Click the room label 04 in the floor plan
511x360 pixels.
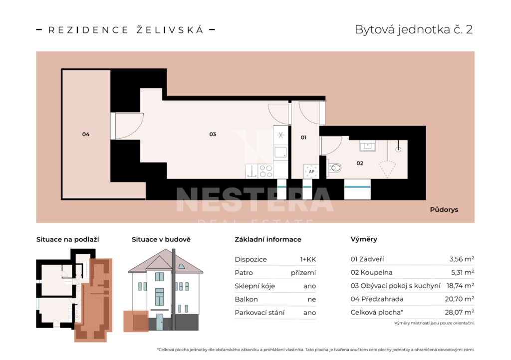click(86, 134)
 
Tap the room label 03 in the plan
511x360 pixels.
click(213, 134)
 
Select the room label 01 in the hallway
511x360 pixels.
click(303, 138)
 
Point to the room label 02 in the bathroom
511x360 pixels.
click(360, 164)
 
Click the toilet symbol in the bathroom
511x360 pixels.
click(334, 168)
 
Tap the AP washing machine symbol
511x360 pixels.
click(311, 172)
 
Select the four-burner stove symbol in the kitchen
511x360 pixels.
click(265, 171)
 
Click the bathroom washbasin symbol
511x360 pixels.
click(367, 146)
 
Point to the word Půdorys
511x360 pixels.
click(444, 209)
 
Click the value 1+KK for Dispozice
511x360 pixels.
click(308, 259)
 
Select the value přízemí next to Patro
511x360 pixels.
click(303, 273)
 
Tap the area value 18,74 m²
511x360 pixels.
click(460, 286)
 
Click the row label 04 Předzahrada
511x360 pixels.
click(377, 299)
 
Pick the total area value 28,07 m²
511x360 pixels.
click(460, 313)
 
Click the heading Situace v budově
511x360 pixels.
click(161, 239)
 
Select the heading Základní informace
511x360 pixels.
click(268, 239)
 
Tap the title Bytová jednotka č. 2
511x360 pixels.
click(414, 29)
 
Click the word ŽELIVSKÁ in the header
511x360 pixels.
click(170, 30)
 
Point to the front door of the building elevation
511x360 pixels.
click(159, 322)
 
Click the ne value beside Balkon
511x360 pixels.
click(312, 300)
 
